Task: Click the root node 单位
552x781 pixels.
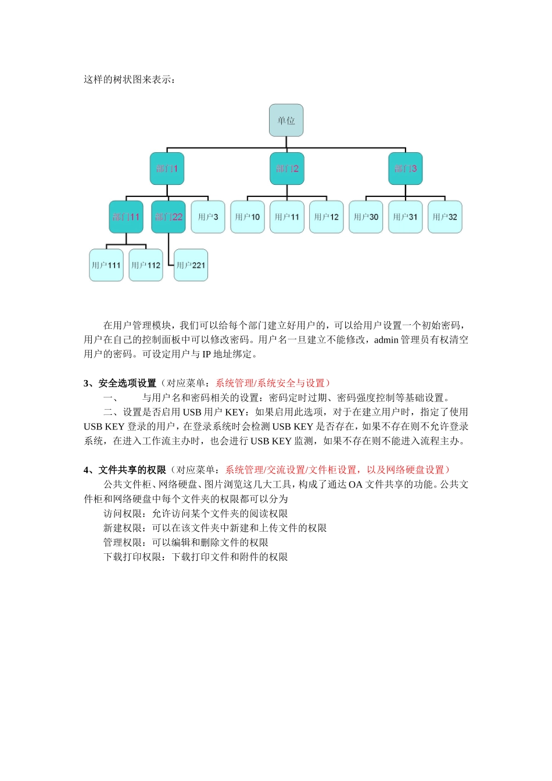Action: click(286, 120)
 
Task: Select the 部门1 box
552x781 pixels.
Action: click(167, 169)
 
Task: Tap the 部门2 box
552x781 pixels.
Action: click(287, 169)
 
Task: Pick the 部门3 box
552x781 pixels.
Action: click(406, 169)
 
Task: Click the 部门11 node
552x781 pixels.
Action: click(126, 217)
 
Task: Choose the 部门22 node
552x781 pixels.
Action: click(169, 217)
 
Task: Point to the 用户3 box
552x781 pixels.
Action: click(208, 217)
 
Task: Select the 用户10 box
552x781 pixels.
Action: click(248, 217)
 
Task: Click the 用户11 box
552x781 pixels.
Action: click(287, 217)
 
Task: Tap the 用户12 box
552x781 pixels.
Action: click(327, 217)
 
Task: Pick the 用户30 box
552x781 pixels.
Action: click(366, 217)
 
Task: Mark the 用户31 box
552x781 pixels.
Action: click(406, 217)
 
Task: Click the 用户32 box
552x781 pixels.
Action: click(445, 217)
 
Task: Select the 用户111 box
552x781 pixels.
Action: click(106, 265)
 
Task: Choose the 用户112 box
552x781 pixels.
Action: click(146, 265)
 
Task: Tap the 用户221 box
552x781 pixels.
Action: click(191, 265)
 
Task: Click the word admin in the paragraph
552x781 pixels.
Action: click(386, 340)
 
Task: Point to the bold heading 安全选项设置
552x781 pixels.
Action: click(127, 384)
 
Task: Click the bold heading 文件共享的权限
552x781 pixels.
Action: click(132, 470)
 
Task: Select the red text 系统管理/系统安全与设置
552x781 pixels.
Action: click(270, 384)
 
